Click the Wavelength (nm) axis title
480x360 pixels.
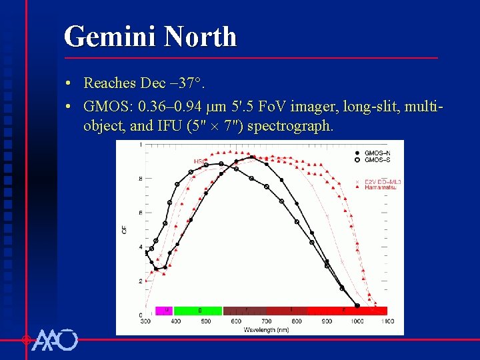point(267,329)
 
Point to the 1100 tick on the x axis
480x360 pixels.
point(387,321)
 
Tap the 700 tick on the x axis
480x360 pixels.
point(267,321)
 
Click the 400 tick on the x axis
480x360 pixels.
point(176,321)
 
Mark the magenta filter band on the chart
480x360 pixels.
point(165,311)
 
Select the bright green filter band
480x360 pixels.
point(198,311)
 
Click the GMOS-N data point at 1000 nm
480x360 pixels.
point(357,305)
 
